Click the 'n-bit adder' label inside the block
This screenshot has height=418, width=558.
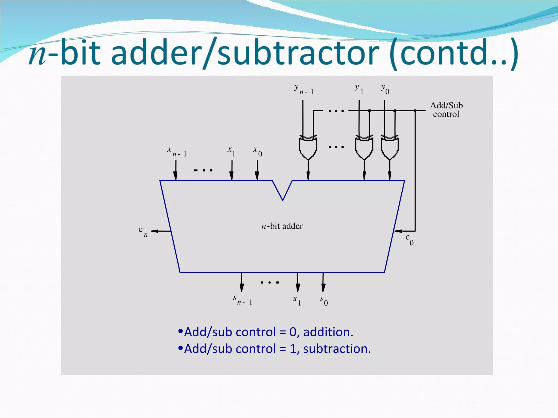(x=282, y=226)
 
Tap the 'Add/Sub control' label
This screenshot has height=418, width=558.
(x=446, y=110)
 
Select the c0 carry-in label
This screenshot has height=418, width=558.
(x=410, y=239)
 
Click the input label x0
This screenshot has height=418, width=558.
(x=257, y=151)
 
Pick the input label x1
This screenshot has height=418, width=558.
(x=231, y=151)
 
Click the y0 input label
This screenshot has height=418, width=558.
(x=385, y=89)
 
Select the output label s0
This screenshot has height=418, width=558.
(x=324, y=300)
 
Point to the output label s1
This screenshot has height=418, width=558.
(x=297, y=300)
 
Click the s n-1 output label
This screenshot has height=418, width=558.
(x=242, y=300)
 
